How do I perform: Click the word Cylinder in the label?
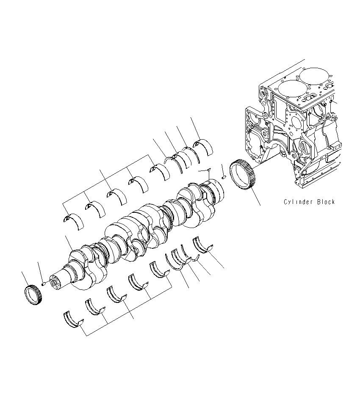[298, 202]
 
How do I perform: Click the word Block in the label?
[326, 202]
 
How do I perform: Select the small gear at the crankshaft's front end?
[32, 294]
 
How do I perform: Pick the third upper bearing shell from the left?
[116, 196]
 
